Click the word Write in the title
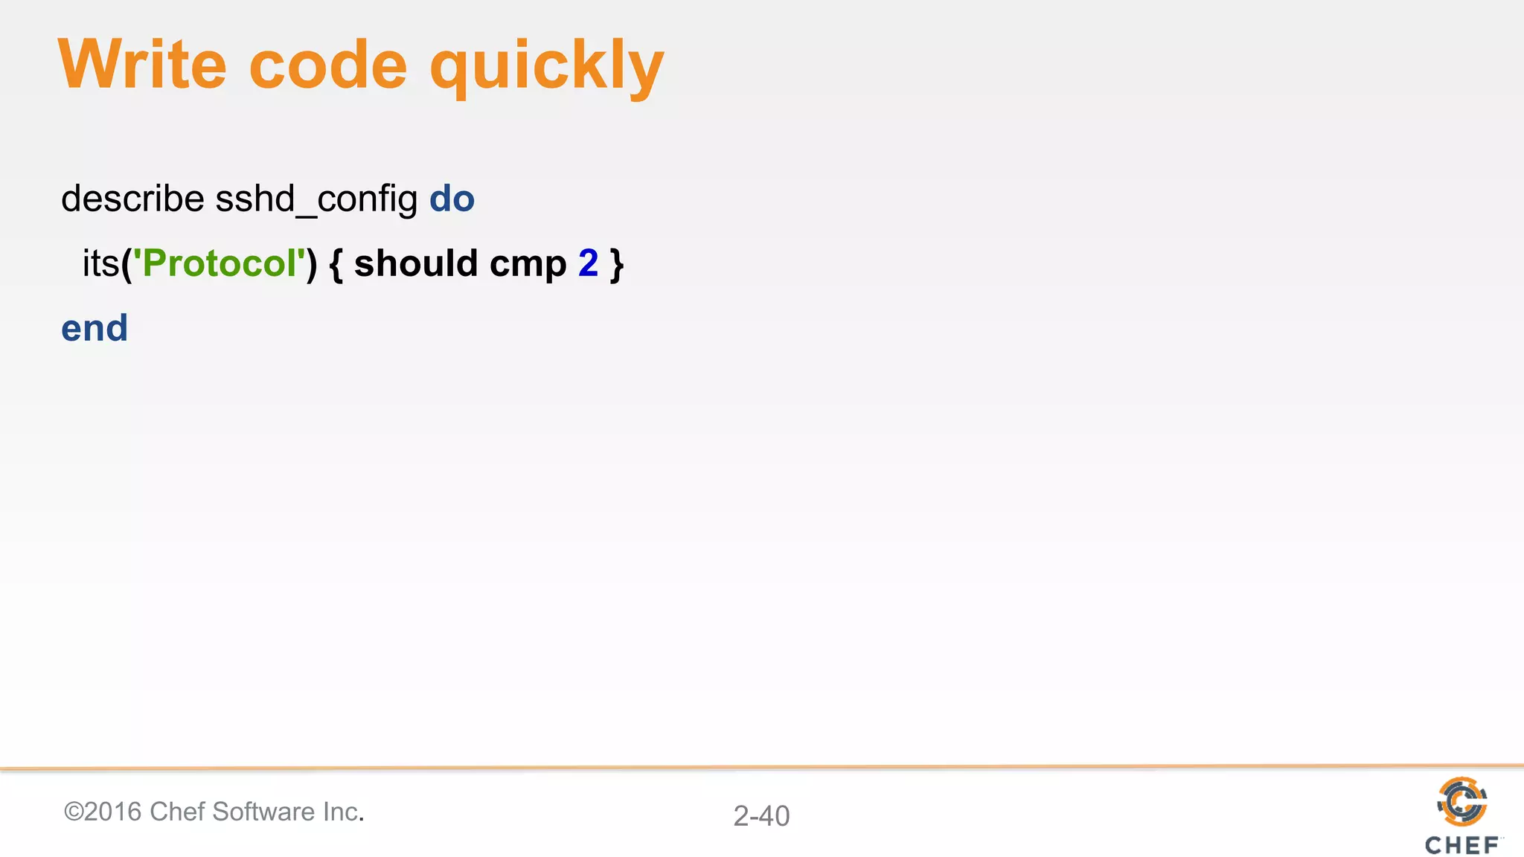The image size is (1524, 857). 141,65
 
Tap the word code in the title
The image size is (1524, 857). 328,65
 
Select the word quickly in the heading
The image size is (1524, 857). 546,68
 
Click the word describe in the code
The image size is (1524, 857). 132,199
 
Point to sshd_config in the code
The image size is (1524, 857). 316,199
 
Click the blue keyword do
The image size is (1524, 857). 452,199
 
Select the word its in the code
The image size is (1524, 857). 101,263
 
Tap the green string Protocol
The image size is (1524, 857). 220,263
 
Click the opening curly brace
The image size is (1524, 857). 336,264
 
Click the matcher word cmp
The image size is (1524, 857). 528,264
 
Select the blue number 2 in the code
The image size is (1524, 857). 588,263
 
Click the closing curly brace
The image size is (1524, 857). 616,264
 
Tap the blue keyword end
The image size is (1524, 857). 95,328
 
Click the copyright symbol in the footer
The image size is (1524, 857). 74,812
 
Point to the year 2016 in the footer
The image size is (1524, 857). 113,812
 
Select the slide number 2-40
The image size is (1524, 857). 761,816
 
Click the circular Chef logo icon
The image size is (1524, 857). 1461,801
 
